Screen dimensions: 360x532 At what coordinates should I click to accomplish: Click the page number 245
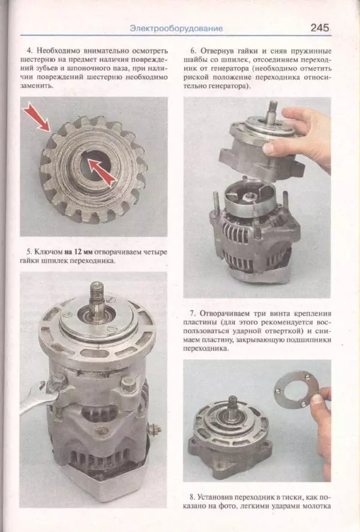pyautogui.click(x=320, y=28)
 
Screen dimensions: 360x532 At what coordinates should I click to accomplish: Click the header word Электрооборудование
pyautogui.click(x=176, y=28)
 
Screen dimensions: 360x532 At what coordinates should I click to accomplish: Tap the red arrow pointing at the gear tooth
pyautogui.click(x=37, y=118)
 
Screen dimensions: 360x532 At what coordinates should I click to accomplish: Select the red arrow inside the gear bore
pyautogui.click(x=101, y=172)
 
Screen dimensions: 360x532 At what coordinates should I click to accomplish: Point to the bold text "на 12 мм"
pyautogui.click(x=78, y=252)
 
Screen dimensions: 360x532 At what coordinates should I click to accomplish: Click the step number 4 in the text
pyautogui.click(x=29, y=51)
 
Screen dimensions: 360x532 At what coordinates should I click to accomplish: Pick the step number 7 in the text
pyautogui.click(x=193, y=313)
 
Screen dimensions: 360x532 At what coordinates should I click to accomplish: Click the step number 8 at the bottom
pyautogui.click(x=192, y=497)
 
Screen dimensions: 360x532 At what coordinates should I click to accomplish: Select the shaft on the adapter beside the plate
pyautogui.click(x=233, y=408)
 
